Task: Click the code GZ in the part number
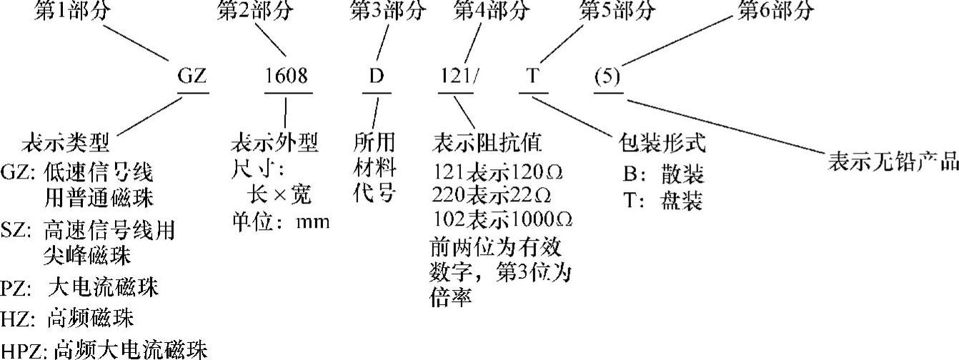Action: (x=193, y=76)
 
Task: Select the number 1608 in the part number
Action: (x=286, y=76)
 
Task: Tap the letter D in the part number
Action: (x=377, y=76)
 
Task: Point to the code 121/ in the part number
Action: (x=459, y=76)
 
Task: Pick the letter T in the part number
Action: (x=534, y=76)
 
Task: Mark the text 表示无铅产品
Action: (x=893, y=161)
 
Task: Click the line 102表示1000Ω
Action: (x=502, y=219)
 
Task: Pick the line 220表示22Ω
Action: (x=492, y=195)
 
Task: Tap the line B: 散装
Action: (x=664, y=174)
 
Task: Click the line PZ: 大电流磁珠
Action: (x=79, y=289)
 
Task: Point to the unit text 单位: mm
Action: (x=280, y=221)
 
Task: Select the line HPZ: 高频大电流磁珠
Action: (x=104, y=350)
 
